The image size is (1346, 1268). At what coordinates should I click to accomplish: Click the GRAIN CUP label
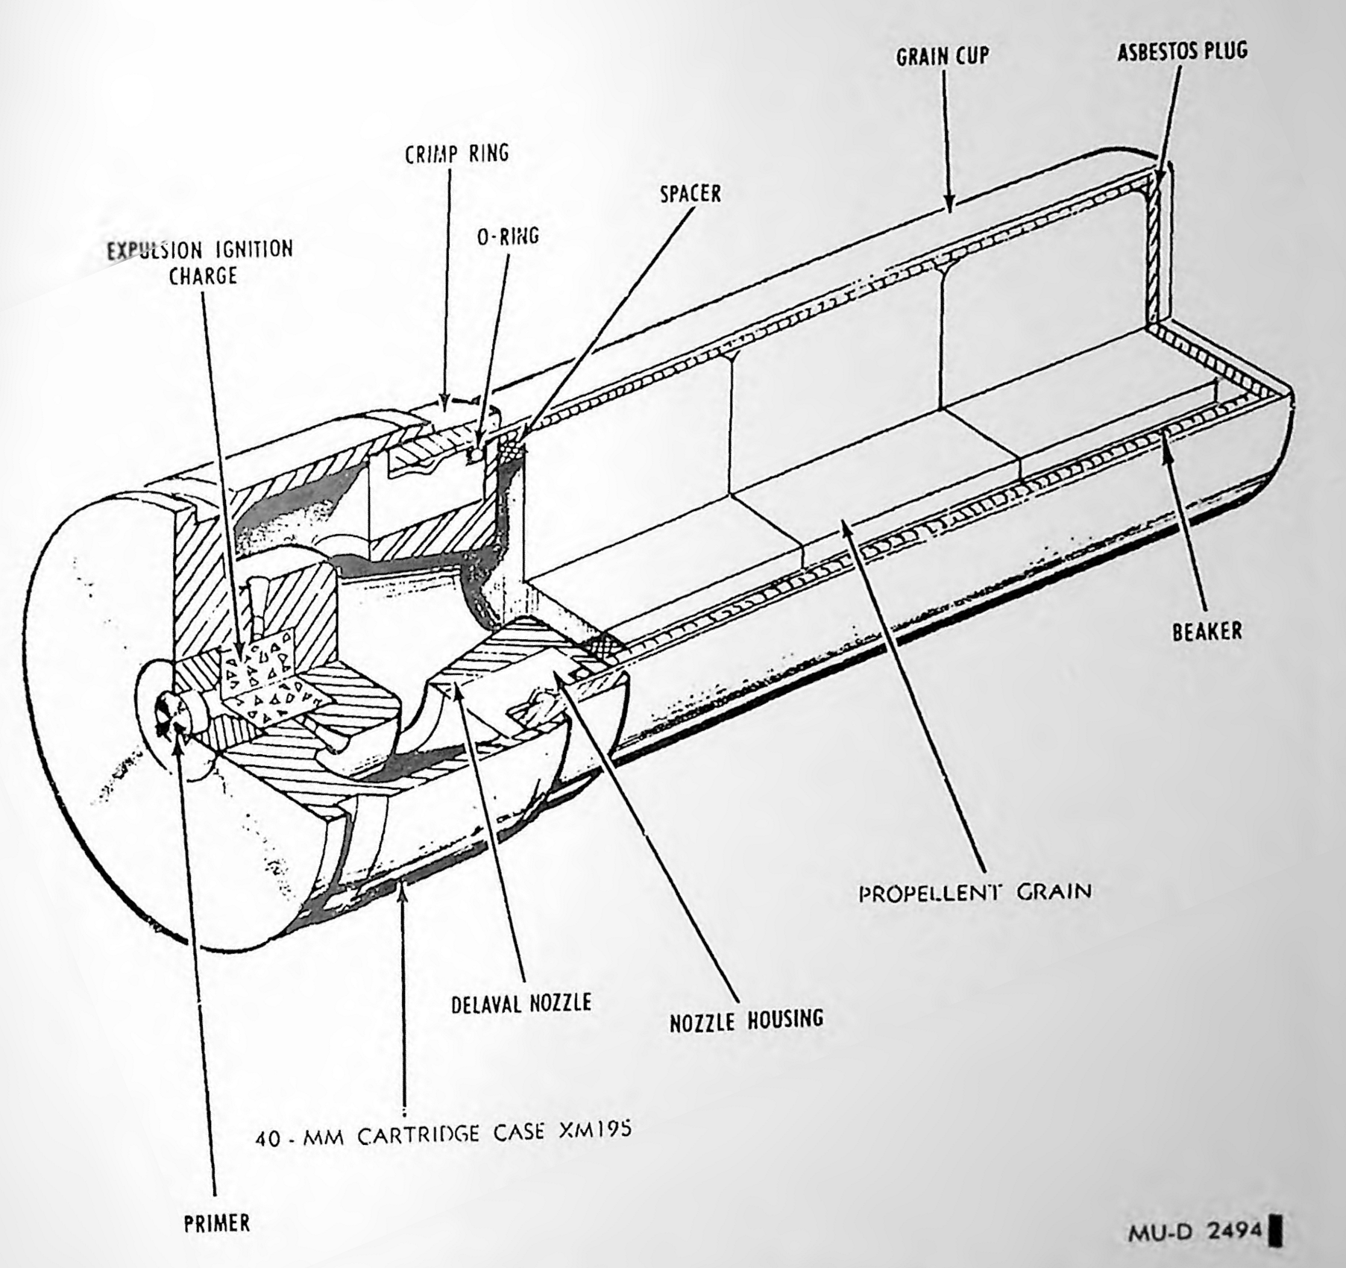pyautogui.click(x=943, y=56)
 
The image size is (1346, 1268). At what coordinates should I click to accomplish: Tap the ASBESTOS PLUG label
pyautogui.click(x=1182, y=51)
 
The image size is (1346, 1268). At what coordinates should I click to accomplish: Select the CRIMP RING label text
pyautogui.click(x=457, y=154)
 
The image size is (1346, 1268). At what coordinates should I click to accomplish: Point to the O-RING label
pyautogui.click(x=508, y=236)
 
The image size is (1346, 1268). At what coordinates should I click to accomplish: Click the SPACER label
pyautogui.click(x=691, y=194)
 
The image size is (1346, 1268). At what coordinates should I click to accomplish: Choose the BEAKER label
pyautogui.click(x=1207, y=632)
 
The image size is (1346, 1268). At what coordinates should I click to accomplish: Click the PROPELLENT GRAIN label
pyautogui.click(x=975, y=892)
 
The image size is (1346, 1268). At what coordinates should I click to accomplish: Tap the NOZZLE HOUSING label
pyautogui.click(x=746, y=1020)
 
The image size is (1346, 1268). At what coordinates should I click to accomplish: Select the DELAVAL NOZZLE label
pyautogui.click(x=521, y=1003)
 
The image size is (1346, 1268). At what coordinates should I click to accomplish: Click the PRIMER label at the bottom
pyautogui.click(x=217, y=1224)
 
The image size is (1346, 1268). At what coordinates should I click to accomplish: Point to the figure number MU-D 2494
pyautogui.click(x=1195, y=1231)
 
